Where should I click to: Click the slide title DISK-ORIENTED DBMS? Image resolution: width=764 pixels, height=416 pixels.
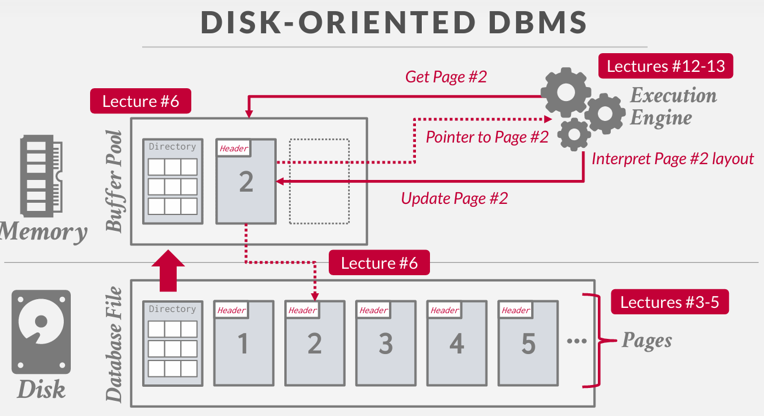click(x=394, y=23)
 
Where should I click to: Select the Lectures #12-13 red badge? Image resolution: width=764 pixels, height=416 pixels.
click(x=666, y=66)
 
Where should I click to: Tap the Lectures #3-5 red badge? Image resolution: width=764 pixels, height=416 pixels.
click(x=670, y=302)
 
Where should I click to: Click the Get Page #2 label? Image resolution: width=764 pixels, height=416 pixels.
click(x=446, y=77)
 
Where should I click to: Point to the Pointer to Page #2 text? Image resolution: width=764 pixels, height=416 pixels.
click(x=487, y=137)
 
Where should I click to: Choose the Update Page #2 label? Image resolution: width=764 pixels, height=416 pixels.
click(x=454, y=198)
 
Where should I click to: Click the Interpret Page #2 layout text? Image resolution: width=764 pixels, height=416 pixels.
click(x=673, y=158)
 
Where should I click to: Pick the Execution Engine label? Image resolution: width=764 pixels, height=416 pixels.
click(x=673, y=106)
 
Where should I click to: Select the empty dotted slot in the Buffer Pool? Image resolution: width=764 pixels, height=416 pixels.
click(x=319, y=181)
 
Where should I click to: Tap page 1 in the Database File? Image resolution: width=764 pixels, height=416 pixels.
click(x=243, y=344)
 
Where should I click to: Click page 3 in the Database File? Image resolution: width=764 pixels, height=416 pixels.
click(x=386, y=344)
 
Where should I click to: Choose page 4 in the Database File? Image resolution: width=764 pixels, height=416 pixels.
click(x=457, y=344)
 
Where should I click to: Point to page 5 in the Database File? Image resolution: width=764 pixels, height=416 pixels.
click(x=528, y=344)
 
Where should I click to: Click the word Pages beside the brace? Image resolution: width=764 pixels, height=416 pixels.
click(x=646, y=340)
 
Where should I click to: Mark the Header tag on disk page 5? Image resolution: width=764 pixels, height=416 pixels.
click(x=515, y=310)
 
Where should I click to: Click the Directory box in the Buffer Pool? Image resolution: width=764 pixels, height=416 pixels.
click(x=173, y=181)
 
